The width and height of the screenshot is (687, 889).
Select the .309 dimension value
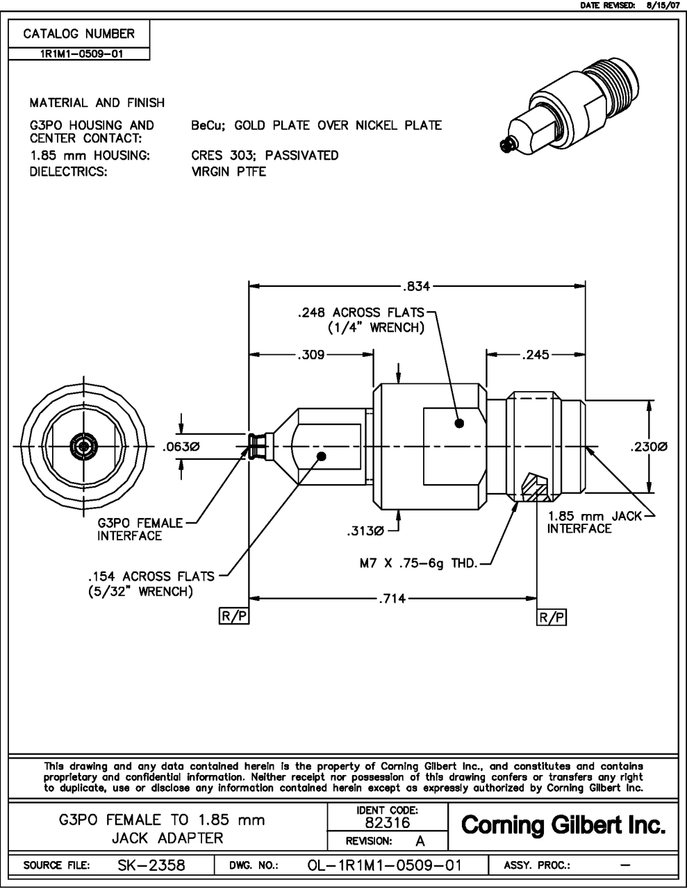(x=311, y=355)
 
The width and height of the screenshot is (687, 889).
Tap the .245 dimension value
(x=535, y=355)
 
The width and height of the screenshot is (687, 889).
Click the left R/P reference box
(x=234, y=617)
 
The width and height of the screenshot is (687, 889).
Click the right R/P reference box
(x=552, y=617)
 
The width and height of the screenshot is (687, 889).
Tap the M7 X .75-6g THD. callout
(x=414, y=563)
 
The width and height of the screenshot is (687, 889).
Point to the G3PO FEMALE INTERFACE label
(x=139, y=529)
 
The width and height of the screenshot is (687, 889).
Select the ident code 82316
(x=387, y=823)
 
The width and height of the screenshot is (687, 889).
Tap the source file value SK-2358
(x=151, y=865)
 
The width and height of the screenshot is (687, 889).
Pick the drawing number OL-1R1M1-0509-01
(x=384, y=865)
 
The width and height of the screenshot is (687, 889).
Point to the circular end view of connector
(x=83, y=447)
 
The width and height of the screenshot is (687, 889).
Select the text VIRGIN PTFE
(x=229, y=171)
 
